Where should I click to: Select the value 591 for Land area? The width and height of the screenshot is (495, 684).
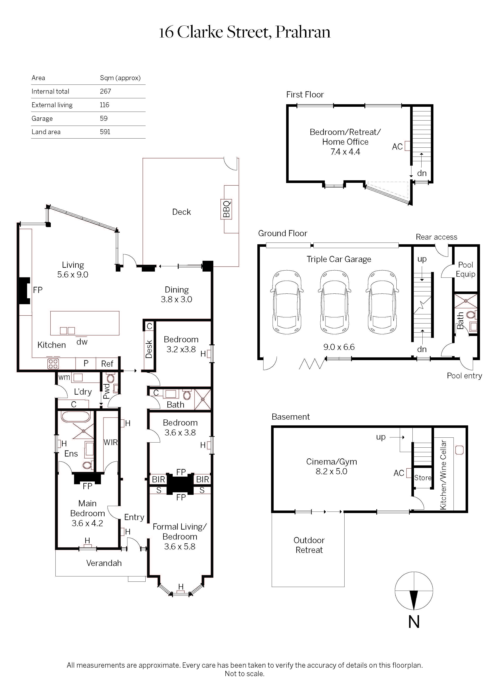click(105, 132)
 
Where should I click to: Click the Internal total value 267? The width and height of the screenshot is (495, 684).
click(105, 91)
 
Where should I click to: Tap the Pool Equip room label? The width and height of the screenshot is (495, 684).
click(465, 269)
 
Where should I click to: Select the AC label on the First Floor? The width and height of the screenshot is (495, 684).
click(397, 147)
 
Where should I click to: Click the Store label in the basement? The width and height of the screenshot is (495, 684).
click(422, 478)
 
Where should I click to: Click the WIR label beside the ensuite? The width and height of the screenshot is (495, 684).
click(110, 443)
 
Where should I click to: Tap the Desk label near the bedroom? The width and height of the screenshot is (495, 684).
click(149, 349)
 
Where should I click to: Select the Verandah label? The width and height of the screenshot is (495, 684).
click(104, 563)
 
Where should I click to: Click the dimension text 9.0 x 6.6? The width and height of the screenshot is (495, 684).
click(339, 347)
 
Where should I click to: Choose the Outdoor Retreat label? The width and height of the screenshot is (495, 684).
click(309, 545)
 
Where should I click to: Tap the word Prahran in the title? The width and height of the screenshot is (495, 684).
click(303, 32)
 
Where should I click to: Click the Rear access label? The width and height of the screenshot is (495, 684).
click(436, 237)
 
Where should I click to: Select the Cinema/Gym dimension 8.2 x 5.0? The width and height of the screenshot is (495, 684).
click(331, 471)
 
